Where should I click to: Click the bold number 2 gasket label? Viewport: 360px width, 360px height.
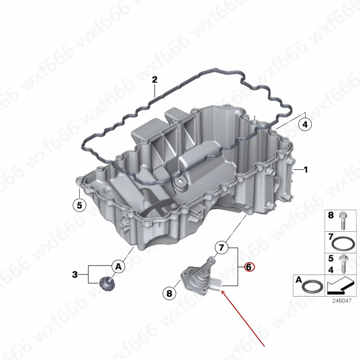[154, 81]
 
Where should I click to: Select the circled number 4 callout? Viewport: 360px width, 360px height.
[305, 124]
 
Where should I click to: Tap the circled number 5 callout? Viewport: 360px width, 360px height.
[79, 206]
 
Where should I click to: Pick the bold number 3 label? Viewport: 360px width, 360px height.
[75, 274]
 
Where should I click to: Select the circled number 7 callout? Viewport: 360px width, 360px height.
[220, 247]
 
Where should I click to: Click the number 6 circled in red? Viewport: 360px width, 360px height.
[249, 267]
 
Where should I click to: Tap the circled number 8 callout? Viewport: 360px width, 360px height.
[169, 294]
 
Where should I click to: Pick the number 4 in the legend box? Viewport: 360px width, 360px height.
[331, 269]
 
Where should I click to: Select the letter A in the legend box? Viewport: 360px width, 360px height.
[298, 279]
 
